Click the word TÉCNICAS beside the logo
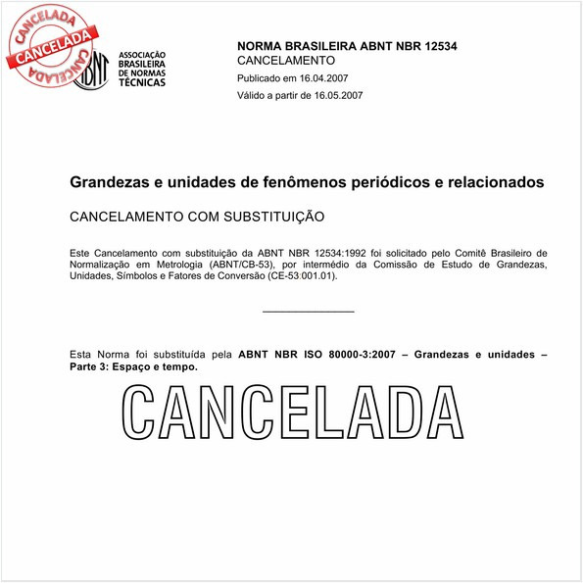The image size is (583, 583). [x=142, y=82]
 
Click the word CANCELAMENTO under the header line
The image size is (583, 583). [x=287, y=61]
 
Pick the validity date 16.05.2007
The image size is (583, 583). [x=336, y=95]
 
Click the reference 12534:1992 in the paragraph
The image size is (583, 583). [x=336, y=253]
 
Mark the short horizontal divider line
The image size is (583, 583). [x=309, y=312]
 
